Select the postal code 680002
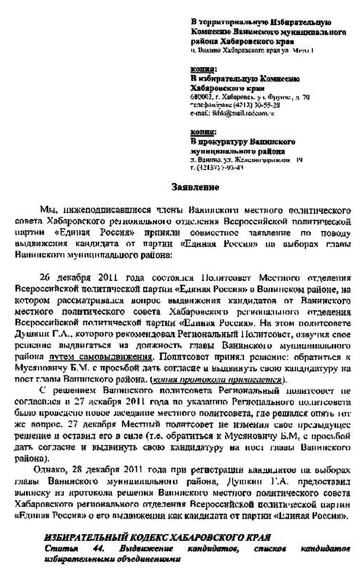click(x=199, y=97)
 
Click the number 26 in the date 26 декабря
click(x=45, y=276)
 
